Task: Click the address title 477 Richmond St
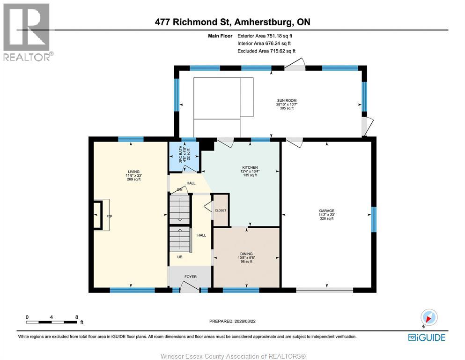pyautogui.click(x=232, y=22)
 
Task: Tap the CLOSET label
pyautogui.click(x=221, y=211)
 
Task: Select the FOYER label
pyautogui.click(x=190, y=277)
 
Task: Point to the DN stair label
pyautogui.click(x=179, y=189)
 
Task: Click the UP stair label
pyautogui.click(x=179, y=257)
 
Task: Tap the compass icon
pyautogui.click(x=429, y=317)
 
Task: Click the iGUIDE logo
pyautogui.click(x=427, y=337)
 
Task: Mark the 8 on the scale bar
pyautogui.click(x=77, y=317)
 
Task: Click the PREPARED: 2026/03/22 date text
pyautogui.click(x=232, y=321)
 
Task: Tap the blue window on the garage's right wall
pyautogui.click(x=373, y=219)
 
